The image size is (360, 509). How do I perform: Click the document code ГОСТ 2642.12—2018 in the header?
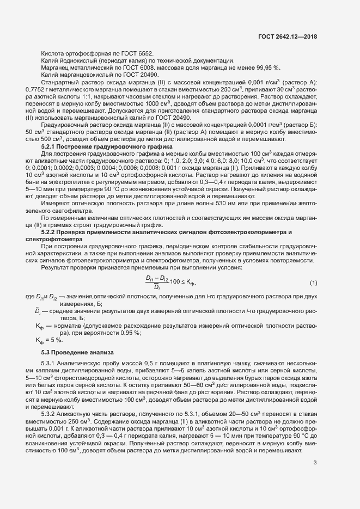pos(287,37)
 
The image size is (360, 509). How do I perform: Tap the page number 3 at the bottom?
pos(315,479)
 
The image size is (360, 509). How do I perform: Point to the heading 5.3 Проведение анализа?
pos(76,353)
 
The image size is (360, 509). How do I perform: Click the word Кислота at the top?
pos(53,53)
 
